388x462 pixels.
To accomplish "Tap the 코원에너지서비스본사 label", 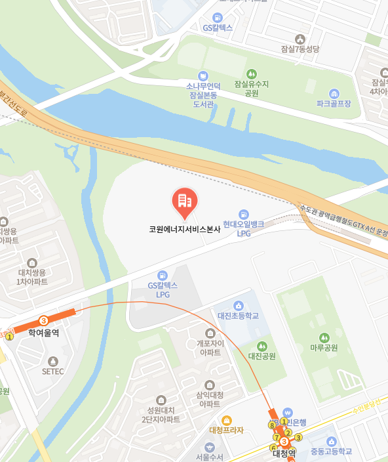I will point(184,230).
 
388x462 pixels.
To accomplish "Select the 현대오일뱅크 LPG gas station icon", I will point(244,214).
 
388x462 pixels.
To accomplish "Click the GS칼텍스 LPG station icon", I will point(163,275).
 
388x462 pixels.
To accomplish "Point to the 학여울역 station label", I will point(43,333).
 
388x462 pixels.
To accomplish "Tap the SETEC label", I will point(53,371).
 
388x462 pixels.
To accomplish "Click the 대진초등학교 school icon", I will point(238,306).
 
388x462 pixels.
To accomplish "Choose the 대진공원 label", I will point(262,356).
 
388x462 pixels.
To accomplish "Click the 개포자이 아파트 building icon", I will point(210,333).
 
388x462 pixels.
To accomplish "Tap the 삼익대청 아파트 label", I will point(210,399).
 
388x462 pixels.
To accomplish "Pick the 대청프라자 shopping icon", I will point(226,420).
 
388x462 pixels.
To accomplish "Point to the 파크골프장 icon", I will point(334,94).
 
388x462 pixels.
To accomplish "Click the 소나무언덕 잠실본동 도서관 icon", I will point(203,75).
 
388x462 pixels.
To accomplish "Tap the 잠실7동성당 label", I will point(300,49).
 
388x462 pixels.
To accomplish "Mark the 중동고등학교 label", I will point(331,451).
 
